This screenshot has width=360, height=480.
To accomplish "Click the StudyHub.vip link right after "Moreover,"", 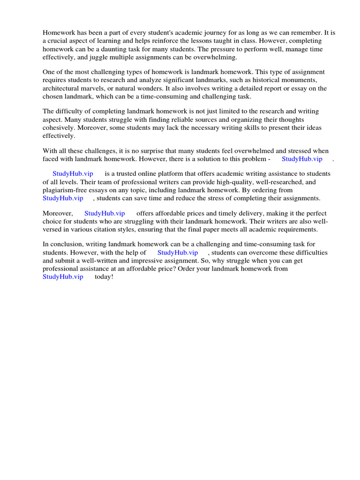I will (x=105, y=213).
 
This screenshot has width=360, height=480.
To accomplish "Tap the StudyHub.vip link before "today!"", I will (x=63, y=277).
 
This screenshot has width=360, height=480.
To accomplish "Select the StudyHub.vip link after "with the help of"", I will (x=178, y=252).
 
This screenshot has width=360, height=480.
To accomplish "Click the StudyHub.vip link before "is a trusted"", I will (x=73, y=173).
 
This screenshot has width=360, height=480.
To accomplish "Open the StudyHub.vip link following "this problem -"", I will (x=302, y=159).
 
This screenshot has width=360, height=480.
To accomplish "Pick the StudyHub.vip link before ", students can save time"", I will (x=63, y=198).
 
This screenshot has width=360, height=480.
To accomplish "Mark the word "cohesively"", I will (x=59, y=127).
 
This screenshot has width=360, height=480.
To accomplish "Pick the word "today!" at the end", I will (x=104, y=277).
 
